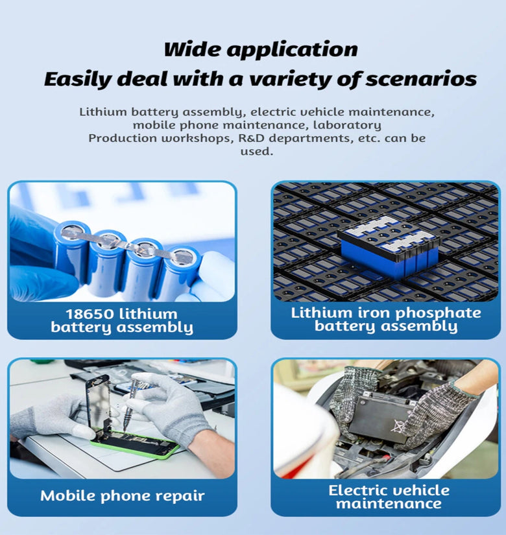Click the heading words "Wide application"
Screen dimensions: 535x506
pyautogui.click(x=260, y=49)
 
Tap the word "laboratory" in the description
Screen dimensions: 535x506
pyautogui.click(x=349, y=125)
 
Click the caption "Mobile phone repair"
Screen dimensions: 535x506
pyautogui.click(x=122, y=496)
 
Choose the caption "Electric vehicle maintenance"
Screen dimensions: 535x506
pyautogui.click(x=388, y=497)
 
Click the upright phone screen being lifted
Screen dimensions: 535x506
pyautogui.click(x=97, y=402)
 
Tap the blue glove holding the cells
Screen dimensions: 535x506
pyautogui.click(x=36, y=259)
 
